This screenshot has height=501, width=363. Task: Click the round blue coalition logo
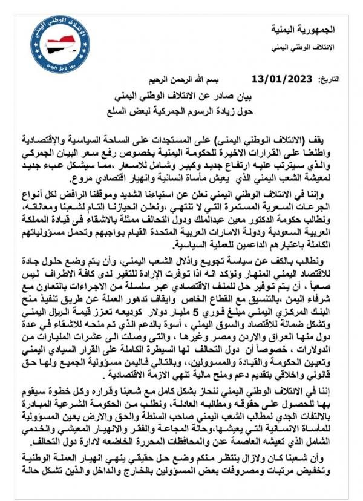pos(57,37)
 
